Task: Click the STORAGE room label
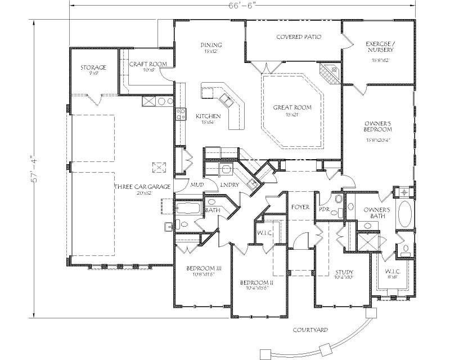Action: point(93,67)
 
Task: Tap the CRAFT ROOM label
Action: point(147,65)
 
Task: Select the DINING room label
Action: point(211,46)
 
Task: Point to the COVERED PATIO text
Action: point(299,37)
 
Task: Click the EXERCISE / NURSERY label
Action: point(380,46)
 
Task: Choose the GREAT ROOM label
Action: point(292,107)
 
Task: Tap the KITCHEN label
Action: point(208,116)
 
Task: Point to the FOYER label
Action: point(300,207)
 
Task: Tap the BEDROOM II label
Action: point(256,282)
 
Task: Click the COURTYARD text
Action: point(310,330)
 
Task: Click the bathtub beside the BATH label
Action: point(187,209)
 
